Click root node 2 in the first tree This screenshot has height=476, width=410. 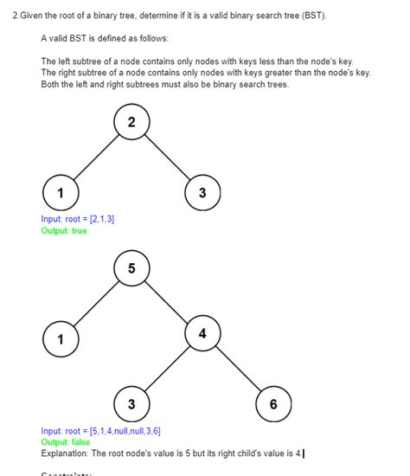coord(131,123)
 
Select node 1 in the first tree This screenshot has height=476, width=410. coord(60,192)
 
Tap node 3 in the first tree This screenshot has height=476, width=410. coord(202,192)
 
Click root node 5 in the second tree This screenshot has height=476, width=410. coord(131,268)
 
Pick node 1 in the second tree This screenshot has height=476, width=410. coord(60,338)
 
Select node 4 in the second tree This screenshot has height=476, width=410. coord(202,334)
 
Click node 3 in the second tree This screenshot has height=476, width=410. coord(131,404)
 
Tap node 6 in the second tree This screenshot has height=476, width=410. coord(273,404)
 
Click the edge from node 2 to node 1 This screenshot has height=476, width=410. coord(95,158)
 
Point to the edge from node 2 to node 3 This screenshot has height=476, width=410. coord(167,158)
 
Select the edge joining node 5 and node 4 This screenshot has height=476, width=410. coord(167,301)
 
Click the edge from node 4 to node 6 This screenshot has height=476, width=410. coord(238,370)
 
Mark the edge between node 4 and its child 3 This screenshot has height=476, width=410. coord(167,370)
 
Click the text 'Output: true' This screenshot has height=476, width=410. coord(64,230)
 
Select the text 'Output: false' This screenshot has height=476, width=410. coord(65,442)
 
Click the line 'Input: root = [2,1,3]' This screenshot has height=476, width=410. coord(78,219)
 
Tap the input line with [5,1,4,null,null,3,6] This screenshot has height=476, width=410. coord(101,431)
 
